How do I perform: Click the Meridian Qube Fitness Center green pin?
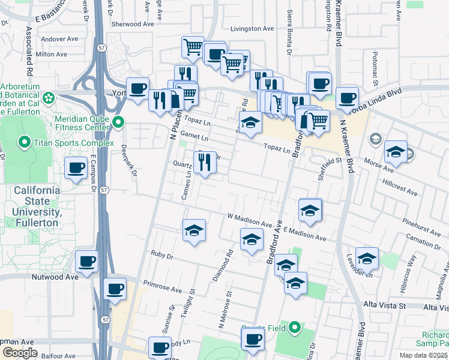[x=118, y=123]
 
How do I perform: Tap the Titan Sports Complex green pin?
[x=25, y=143]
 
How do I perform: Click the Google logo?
[x=20, y=352]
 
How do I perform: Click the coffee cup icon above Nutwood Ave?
[x=87, y=262]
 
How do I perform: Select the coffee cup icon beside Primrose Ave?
[x=115, y=289]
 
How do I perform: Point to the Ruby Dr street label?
[x=162, y=256]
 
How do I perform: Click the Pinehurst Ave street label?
[x=421, y=224]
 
